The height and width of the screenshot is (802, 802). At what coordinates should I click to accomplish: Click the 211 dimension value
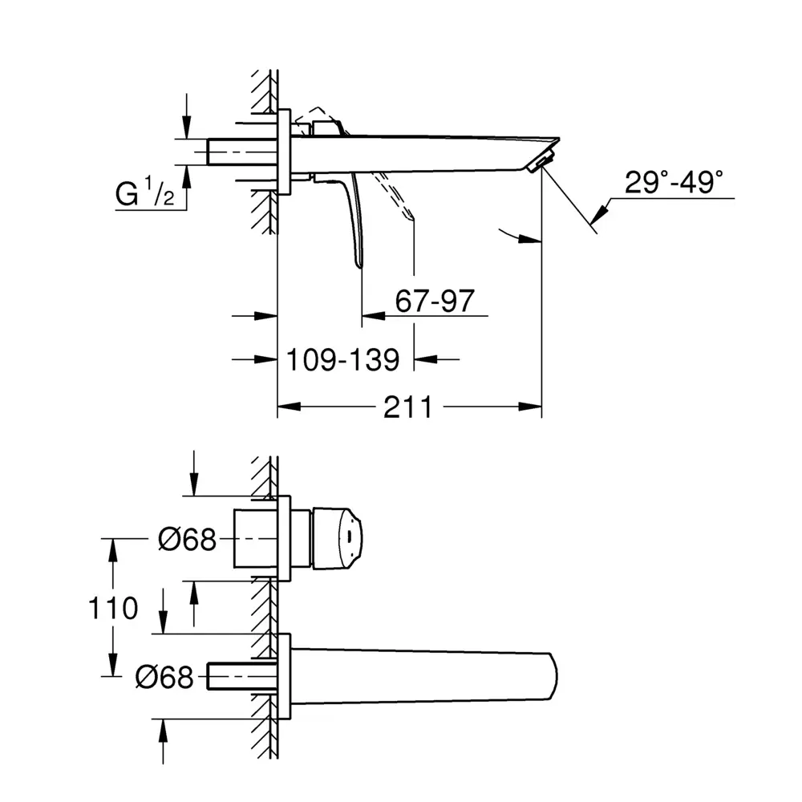[x=407, y=407]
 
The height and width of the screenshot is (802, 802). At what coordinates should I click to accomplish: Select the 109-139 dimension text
[x=342, y=359]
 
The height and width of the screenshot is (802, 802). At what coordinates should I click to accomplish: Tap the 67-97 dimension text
[x=435, y=301]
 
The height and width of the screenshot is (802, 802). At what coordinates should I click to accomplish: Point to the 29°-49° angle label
[x=674, y=181]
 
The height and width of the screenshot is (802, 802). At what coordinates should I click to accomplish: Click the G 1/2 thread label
[x=144, y=192]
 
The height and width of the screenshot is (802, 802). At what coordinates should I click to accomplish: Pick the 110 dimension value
[x=113, y=608]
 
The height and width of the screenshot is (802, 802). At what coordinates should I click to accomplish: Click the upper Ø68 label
[x=187, y=539]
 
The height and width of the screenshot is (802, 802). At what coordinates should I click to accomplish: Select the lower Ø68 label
[x=164, y=677]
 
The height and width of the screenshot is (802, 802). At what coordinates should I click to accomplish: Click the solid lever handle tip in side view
[x=359, y=264]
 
